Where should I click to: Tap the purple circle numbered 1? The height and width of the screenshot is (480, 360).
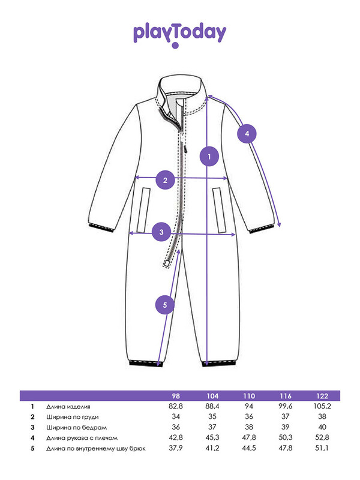[209, 157]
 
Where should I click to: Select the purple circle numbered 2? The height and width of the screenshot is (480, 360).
[165, 179]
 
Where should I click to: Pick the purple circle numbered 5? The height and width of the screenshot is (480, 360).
[165, 305]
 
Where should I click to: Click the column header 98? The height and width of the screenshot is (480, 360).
[176, 396]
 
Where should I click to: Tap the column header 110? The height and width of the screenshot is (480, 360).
[248, 396]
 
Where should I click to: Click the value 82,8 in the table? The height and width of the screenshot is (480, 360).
[176, 407]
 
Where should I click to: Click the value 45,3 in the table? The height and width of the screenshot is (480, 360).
[213, 437]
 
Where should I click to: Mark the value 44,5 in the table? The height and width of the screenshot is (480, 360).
[248, 448]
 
